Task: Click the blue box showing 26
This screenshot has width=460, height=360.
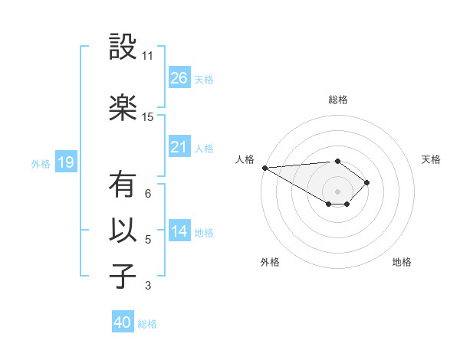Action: pos(179,78)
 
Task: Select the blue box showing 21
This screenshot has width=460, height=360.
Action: pos(179,147)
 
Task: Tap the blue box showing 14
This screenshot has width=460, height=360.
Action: pos(179,231)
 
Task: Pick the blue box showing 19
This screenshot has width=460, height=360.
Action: pos(65,162)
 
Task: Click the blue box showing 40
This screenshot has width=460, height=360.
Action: pos(123,322)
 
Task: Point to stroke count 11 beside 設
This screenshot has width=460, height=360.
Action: pos(147,56)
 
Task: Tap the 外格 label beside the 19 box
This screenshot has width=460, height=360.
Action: pos(41,163)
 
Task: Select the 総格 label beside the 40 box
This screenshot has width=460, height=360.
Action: pos(147,323)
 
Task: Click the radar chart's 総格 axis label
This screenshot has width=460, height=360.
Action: pos(337,100)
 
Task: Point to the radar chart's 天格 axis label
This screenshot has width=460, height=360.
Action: pos(431,160)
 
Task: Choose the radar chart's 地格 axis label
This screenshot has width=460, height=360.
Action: pos(402,262)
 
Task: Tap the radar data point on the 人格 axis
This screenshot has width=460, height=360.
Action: pos(264,168)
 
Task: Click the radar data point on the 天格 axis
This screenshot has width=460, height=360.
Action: pos(367,182)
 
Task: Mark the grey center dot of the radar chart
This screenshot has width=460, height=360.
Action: pos(337,191)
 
